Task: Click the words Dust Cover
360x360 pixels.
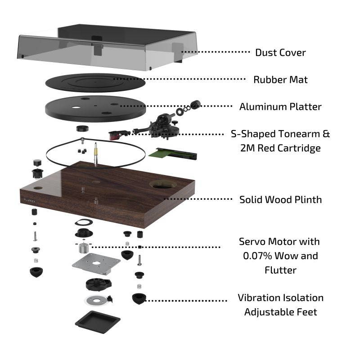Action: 280,53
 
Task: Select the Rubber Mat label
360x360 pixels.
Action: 280,80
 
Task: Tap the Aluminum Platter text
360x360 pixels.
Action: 280,107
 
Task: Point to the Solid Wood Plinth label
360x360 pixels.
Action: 280,199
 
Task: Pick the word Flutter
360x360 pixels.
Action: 280,270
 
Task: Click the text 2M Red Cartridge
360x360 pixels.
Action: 280,148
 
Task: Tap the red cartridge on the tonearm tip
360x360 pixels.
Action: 115,133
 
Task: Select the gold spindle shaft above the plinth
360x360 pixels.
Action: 96,155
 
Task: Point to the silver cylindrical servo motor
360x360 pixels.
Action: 83,247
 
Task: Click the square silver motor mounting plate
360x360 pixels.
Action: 97,263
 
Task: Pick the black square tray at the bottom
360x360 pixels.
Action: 98,321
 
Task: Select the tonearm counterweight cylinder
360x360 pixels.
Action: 195,104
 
